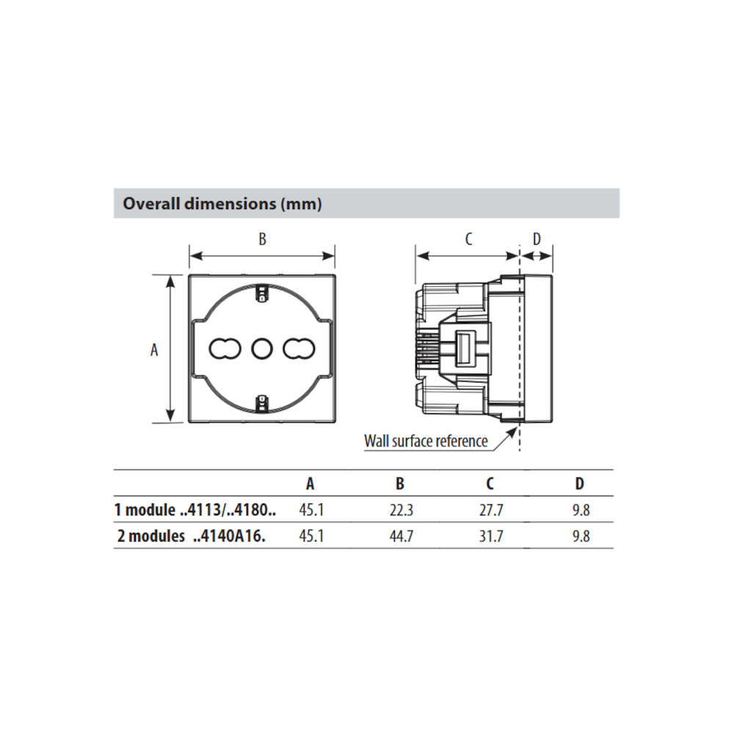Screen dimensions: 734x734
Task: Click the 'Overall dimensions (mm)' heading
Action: click(x=222, y=203)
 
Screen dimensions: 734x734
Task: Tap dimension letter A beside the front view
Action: click(x=154, y=349)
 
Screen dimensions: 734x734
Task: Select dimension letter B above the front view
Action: click(x=262, y=239)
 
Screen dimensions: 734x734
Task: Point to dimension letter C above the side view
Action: click(x=468, y=239)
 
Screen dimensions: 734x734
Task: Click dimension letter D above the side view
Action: click(x=537, y=239)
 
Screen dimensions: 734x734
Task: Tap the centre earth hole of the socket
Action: click(x=262, y=349)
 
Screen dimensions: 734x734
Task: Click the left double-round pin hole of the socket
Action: click(x=225, y=349)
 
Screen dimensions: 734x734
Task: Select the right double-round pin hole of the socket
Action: click(x=299, y=349)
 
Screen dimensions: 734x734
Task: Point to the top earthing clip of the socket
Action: click(x=262, y=293)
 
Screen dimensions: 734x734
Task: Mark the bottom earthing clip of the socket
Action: click(x=262, y=404)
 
